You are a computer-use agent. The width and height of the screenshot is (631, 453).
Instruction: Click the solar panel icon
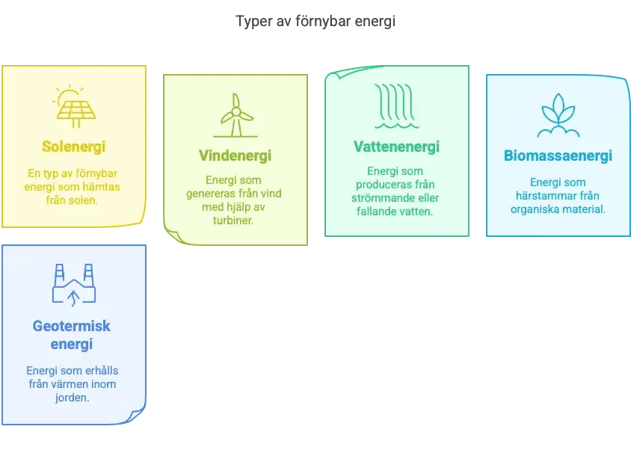pyautogui.click(x=75, y=106)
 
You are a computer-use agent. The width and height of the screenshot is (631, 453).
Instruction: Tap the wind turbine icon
pyautogui.click(x=236, y=115)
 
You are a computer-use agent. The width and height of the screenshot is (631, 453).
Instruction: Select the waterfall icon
pyautogui.click(x=397, y=106)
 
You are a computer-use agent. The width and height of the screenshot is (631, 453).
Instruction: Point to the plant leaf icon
pyautogui.click(x=558, y=115)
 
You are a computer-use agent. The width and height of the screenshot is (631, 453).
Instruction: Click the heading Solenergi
pyautogui.click(x=74, y=147)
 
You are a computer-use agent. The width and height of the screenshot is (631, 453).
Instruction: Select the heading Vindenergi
pyautogui.click(x=235, y=155)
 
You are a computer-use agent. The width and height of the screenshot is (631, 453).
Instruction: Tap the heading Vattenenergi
pyautogui.click(x=396, y=147)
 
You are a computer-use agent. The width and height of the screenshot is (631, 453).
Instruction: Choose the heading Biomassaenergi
pyautogui.click(x=558, y=155)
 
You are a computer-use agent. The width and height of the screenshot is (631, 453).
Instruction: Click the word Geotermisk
pyautogui.click(x=72, y=326)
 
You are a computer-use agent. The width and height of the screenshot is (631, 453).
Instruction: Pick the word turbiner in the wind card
pyautogui.click(x=233, y=220)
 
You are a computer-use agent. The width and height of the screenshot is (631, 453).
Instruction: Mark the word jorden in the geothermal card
pyautogui.click(x=72, y=398)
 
